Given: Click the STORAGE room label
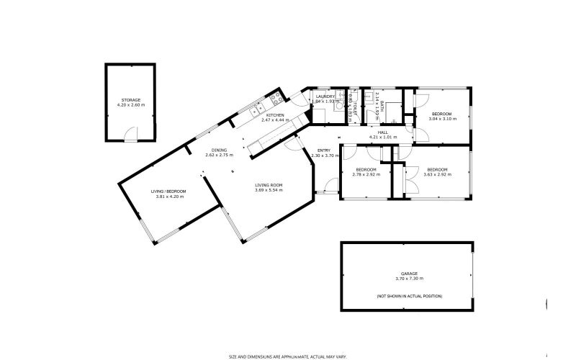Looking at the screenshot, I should [x=130, y=100].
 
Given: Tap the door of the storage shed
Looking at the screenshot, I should [x=130, y=135].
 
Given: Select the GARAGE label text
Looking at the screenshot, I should [x=409, y=274].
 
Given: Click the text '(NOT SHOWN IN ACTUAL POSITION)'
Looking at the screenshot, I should [x=409, y=296].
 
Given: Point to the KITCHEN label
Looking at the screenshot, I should [x=275, y=115].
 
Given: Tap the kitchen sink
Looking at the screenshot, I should [x=256, y=110].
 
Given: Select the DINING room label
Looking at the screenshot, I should [x=219, y=150].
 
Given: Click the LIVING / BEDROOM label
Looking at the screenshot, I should [x=168, y=191].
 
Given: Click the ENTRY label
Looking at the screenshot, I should [x=324, y=150].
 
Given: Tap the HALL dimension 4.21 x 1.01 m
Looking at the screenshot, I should [x=383, y=137].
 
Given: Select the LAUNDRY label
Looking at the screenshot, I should [x=325, y=96].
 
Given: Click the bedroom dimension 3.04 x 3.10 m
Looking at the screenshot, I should [x=441, y=120].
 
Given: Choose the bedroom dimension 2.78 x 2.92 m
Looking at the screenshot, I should [x=366, y=174].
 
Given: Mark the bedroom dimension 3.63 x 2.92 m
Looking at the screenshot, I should [x=437, y=174].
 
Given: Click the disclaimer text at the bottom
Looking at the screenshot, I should [x=288, y=356].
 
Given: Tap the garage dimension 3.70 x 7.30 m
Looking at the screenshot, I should [x=409, y=279].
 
